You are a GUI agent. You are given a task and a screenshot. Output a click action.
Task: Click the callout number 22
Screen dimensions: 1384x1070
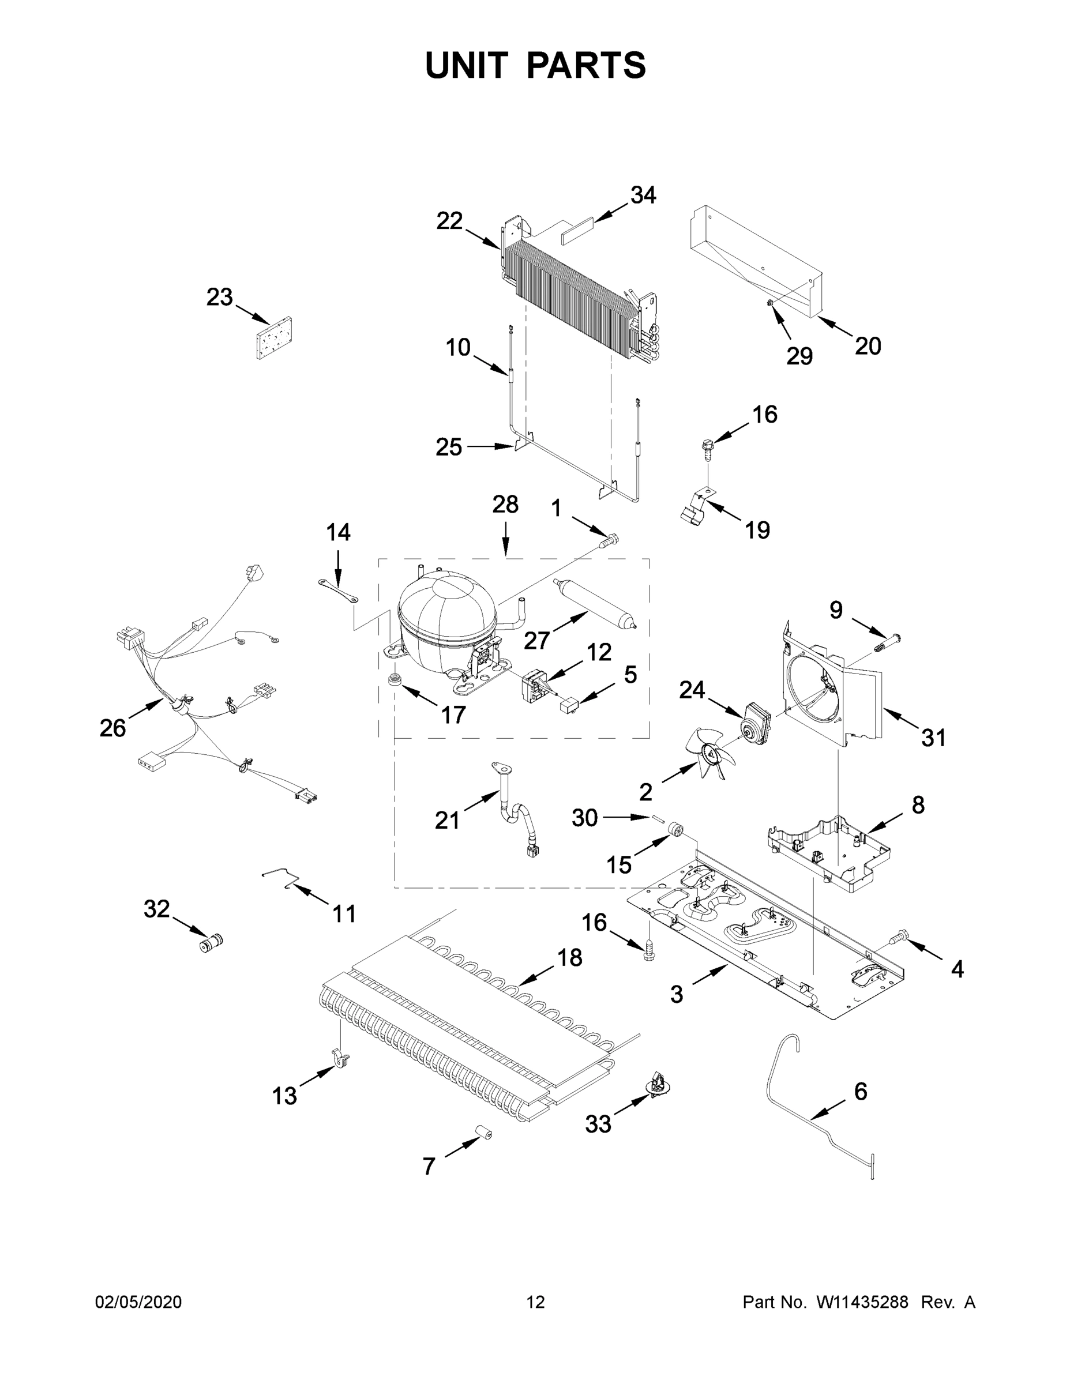449,221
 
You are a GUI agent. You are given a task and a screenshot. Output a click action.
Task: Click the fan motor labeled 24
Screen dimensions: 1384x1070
757,723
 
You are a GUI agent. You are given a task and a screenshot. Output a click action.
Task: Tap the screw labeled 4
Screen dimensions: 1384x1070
898,951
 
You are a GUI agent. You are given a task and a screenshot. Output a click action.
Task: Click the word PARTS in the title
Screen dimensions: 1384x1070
585,65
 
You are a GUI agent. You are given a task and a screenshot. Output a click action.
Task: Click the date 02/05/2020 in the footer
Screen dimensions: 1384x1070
138,1302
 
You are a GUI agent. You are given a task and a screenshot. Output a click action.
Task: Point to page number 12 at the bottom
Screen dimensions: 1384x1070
535,1302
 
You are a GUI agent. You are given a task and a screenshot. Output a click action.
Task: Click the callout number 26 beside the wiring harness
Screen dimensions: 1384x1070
112,729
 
